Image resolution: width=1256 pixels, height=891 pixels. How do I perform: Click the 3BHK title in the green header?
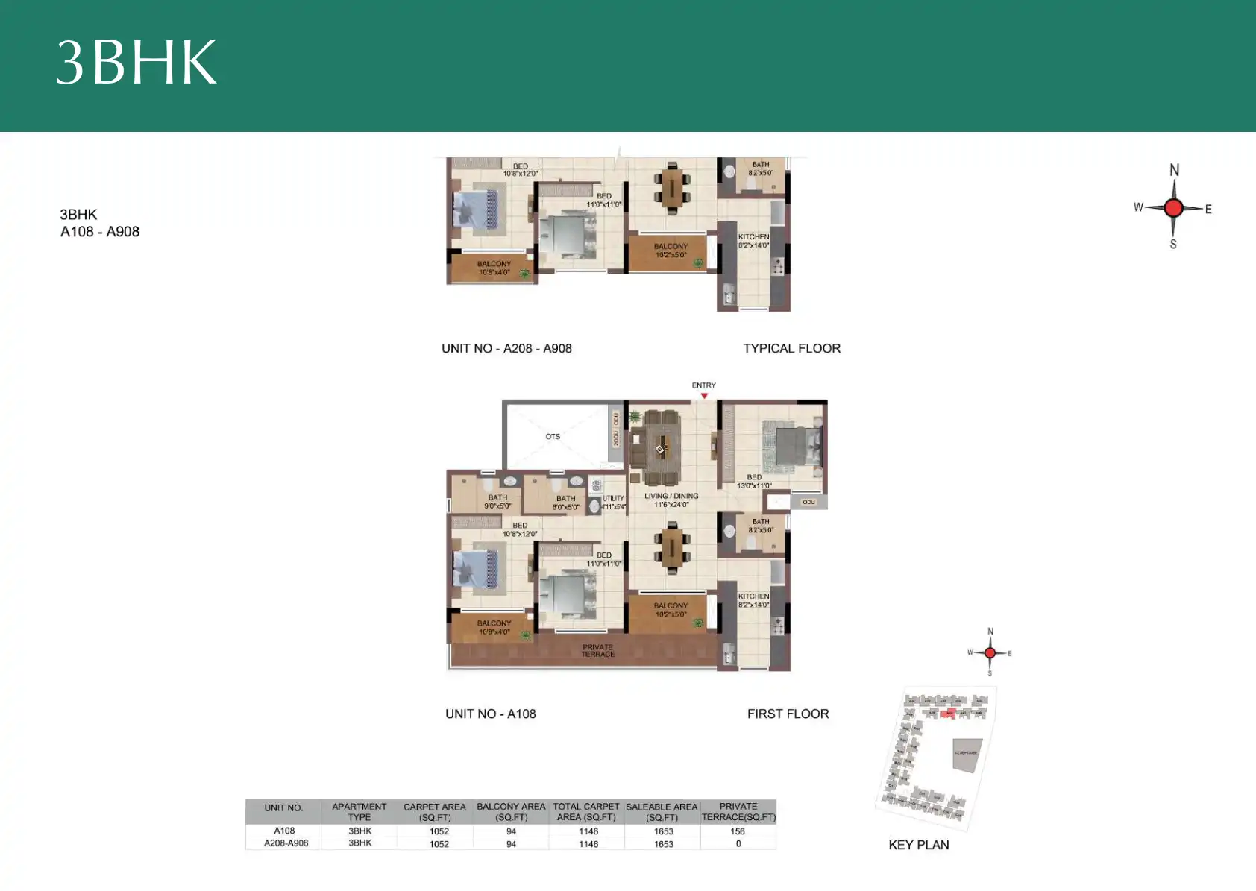[x=136, y=63]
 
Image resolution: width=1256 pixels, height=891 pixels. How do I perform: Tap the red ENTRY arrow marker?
[x=704, y=396]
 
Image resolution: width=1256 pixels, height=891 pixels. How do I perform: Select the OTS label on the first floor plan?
[x=553, y=437]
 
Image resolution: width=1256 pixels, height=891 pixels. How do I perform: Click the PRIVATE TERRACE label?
[x=598, y=651]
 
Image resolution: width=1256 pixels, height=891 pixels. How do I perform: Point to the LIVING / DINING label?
[x=671, y=500]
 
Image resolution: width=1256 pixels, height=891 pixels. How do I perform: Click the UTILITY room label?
[x=613, y=503]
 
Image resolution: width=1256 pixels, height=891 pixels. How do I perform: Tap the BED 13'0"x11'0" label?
[x=755, y=482]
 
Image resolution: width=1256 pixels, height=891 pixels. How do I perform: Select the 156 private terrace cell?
[x=738, y=831]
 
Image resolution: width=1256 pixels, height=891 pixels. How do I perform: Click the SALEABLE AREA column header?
[x=662, y=812]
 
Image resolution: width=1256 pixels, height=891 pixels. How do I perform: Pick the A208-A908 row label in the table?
[x=286, y=843]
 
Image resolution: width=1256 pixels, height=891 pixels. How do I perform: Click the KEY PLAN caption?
[x=918, y=845]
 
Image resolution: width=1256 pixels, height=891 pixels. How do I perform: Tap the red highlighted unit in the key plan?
[x=947, y=714]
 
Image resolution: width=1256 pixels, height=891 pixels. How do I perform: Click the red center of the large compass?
[x=1173, y=208]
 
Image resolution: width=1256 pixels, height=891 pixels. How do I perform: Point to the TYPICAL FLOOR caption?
[x=791, y=348]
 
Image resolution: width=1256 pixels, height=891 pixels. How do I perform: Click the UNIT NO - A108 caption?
[x=490, y=714]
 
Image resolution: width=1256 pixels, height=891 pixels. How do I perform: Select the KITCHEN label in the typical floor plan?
[x=753, y=241]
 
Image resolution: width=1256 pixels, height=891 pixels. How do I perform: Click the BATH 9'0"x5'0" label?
[x=497, y=502]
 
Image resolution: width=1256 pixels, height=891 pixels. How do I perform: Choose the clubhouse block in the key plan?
[x=966, y=754]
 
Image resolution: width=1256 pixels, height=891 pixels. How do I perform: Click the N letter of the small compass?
[x=990, y=632]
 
